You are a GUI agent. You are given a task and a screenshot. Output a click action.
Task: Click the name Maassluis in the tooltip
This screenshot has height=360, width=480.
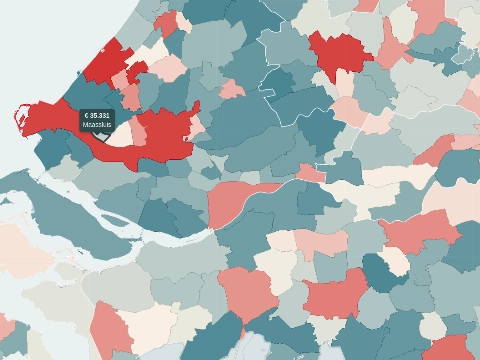pos(98,125)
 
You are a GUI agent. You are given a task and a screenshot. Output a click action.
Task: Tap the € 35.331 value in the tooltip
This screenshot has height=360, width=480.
pos(98,116)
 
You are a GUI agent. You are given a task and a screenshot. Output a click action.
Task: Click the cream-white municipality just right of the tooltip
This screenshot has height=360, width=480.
pos(124,133)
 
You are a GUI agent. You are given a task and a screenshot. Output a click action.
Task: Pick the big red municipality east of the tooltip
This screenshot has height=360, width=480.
pos(165,132)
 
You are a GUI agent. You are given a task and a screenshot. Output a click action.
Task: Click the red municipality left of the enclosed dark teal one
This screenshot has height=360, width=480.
pos(336,296)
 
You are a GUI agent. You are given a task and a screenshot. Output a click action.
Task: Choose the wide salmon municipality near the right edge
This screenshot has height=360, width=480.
pos(420,231)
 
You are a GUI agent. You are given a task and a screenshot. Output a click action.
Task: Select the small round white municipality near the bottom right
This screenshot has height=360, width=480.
pos(432,326)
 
